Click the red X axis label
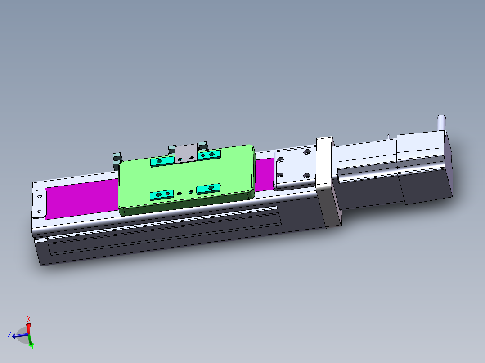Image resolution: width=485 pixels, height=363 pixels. (29, 319)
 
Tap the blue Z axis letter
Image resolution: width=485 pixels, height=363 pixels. (9, 334)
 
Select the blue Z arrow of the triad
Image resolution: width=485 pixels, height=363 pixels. (18, 335)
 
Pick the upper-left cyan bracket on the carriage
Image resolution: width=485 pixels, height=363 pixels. (162, 161)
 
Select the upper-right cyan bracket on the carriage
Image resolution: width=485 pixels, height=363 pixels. (209, 155)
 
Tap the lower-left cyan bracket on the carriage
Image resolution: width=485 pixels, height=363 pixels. (162, 194)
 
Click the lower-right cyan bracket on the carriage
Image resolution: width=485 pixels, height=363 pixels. (208, 188)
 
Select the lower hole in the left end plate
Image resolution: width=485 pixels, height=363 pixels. (39, 211)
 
